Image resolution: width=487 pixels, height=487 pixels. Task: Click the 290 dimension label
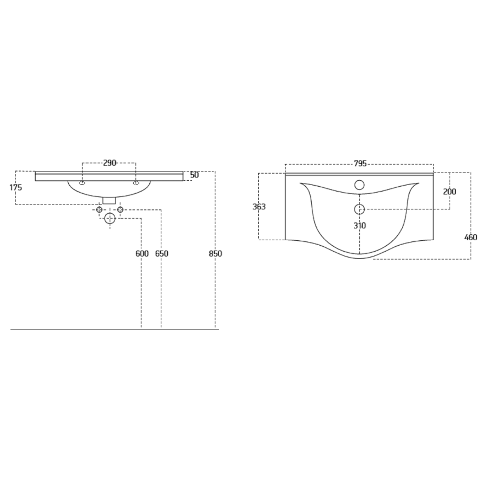click(x=109, y=163)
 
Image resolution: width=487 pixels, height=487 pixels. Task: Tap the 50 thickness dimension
click(x=194, y=175)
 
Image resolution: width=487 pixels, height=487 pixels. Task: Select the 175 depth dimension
click(x=16, y=188)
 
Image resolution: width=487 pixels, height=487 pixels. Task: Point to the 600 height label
click(x=142, y=254)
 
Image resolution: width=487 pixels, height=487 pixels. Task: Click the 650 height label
click(x=162, y=254)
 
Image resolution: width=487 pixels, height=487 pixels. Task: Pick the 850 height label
click(x=215, y=254)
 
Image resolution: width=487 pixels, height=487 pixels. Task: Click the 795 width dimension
click(x=360, y=163)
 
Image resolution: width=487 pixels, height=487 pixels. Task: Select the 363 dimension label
click(x=259, y=207)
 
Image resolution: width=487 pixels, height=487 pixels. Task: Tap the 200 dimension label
click(x=450, y=192)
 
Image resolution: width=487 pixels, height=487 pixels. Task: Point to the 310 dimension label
click(x=360, y=226)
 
